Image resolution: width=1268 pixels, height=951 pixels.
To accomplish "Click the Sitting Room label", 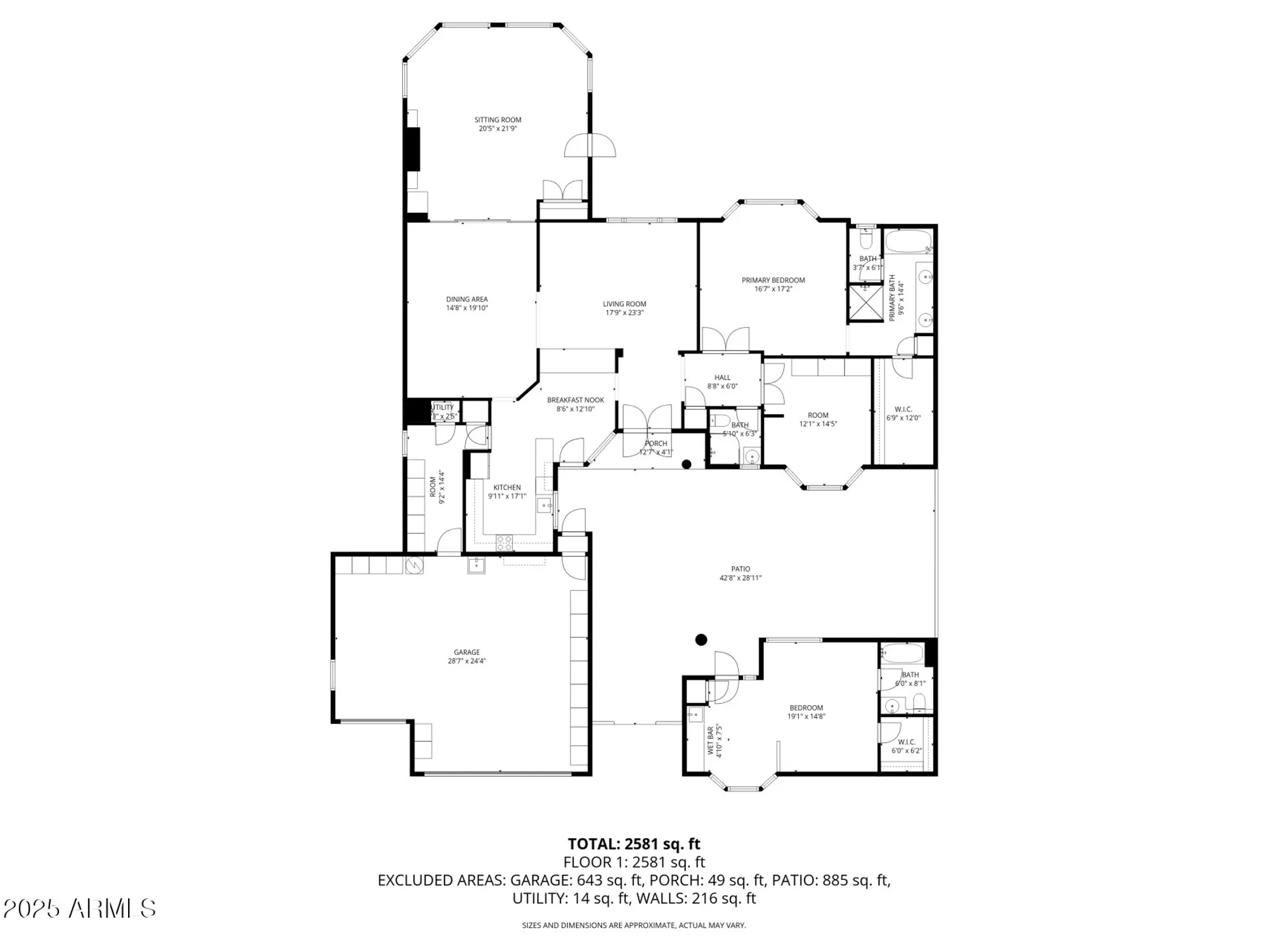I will [x=498, y=120].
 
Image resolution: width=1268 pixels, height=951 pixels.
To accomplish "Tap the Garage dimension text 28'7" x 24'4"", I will [x=467, y=661].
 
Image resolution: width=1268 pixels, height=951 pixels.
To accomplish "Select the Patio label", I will [x=740, y=569].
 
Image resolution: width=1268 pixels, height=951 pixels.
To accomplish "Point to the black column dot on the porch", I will [x=686, y=464].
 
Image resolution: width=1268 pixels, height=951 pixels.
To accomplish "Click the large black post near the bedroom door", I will [x=701, y=640].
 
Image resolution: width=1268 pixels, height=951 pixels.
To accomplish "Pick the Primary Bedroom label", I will [x=773, y=280].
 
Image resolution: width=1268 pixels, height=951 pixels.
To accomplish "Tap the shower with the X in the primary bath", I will [x=865, y=302].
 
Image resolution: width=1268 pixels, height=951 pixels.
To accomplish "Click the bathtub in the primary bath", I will [x=908, y=242].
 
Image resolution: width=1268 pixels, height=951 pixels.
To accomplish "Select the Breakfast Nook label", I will [x=575, y=400].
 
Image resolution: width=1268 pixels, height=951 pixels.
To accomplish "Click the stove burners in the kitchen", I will [x=504, y=543].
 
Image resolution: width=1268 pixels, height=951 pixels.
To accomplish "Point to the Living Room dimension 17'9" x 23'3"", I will [x=624, y=313].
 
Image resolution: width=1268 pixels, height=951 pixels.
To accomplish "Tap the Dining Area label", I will [x=467, y=299].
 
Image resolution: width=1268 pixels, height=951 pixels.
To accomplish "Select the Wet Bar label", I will [x=710, y=741].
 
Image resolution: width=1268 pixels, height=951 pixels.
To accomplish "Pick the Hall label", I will [x=722, y=377].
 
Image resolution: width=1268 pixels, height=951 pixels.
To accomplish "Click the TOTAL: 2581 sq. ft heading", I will [x=633, y=844].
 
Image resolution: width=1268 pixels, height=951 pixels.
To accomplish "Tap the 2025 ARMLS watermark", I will [x=80, y=909].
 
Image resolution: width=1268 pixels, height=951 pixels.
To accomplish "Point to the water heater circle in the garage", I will [x=414, y=565].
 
